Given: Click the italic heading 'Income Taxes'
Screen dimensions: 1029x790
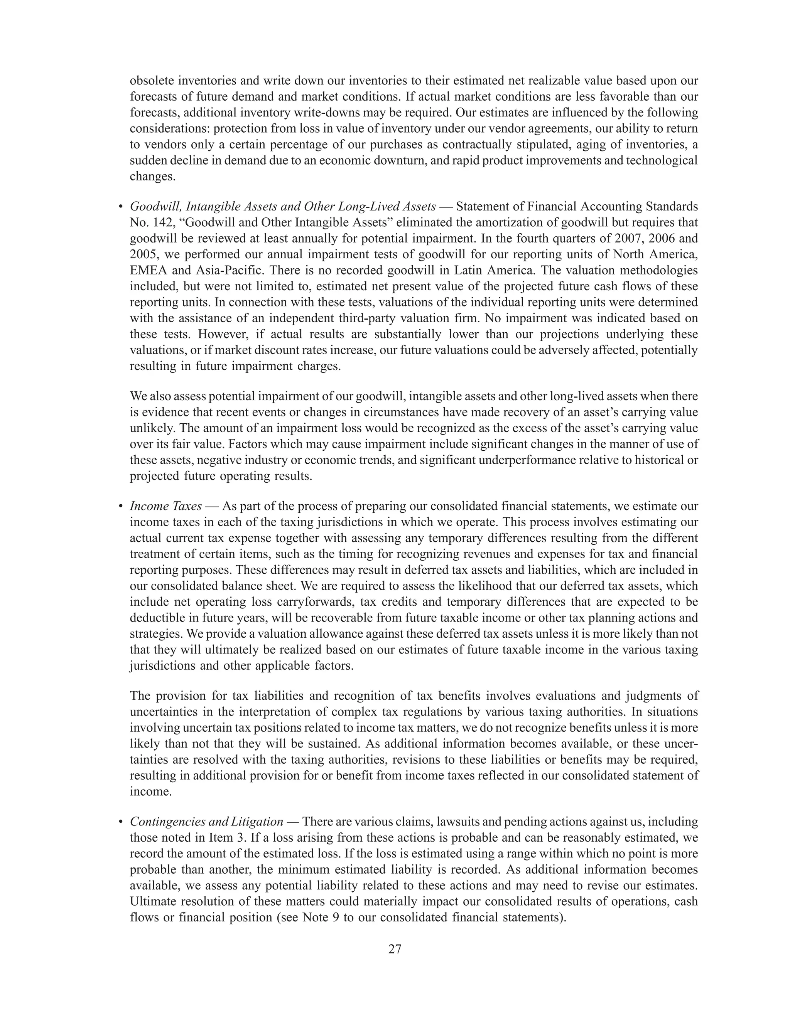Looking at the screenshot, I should [x=165, y=506].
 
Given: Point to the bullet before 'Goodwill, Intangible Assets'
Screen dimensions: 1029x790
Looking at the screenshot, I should [x=121, y=207].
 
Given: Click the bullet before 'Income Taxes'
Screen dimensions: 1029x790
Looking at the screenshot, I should [x=121, y=507].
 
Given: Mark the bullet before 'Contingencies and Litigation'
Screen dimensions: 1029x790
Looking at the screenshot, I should [x=121, y=822].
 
